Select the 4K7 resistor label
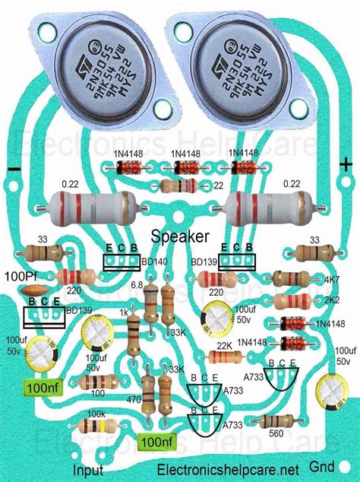pos(331,281)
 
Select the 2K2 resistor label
pos(331,301)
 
